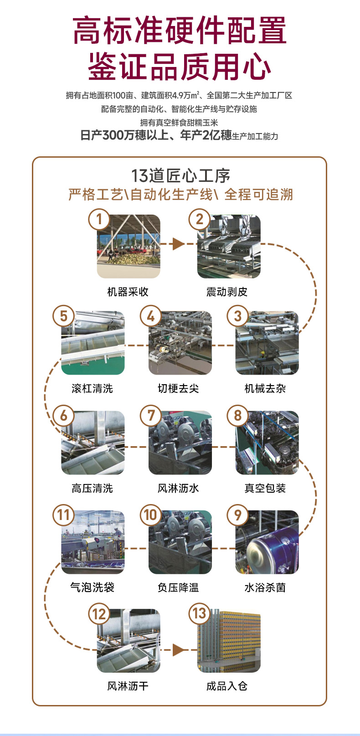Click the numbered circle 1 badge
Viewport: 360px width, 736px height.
point(99,219)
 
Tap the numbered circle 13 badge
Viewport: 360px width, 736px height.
point(200,613)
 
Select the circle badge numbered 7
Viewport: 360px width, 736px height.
point(151,415)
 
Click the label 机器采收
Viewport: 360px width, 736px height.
point(128,292)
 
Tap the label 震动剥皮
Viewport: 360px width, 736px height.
point(227,292)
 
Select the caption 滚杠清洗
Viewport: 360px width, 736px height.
point(92,388)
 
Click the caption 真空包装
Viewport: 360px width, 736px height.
point(265,488)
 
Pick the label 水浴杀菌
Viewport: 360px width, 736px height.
point(265,587)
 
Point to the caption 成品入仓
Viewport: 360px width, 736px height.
point(227,686)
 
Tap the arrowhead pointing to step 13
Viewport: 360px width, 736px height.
point(178,649)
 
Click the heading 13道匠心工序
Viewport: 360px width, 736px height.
point(180,175)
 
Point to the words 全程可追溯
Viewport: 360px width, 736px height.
point(258,195)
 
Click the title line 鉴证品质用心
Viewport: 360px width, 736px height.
point(180,67)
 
